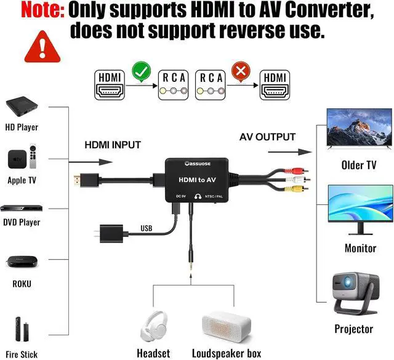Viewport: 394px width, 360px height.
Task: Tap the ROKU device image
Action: coord(22,262)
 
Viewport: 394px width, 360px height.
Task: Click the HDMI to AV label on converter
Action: coord(196,179)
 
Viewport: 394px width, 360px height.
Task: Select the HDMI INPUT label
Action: coord(113,145)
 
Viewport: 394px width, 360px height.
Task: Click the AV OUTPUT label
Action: coord(267,137)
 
